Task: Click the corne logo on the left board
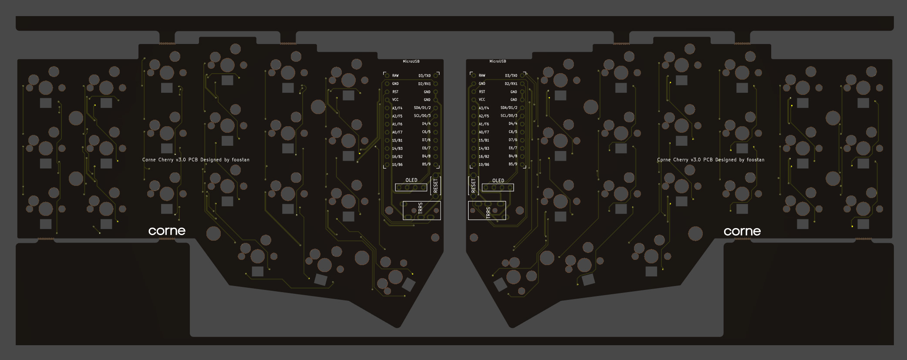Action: tap(167, 231)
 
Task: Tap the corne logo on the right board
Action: tap(742, 232)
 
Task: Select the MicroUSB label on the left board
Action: tap(411, 61)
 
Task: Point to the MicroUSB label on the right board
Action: tap(498, 61)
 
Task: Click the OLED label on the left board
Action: tap(411, 180)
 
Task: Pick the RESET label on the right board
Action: tap(473, 186)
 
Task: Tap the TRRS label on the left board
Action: tap(421, 208)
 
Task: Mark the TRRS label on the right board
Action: tap(488, 212)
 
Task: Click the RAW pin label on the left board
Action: tap(395, 76)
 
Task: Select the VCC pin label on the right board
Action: tap(482, 100)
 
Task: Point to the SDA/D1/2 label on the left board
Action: tap(422, 108)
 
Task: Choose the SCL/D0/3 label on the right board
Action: tap(509, 116)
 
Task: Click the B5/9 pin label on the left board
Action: tap(426, 165)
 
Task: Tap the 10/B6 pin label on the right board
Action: tap(484, 165)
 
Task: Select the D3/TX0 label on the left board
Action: tap(425, 76)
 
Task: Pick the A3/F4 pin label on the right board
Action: tap(484, 108)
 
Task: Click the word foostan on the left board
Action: tap(241, 160)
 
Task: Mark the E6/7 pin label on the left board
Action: tap(426, 148)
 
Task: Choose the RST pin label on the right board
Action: tap(482, 92)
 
